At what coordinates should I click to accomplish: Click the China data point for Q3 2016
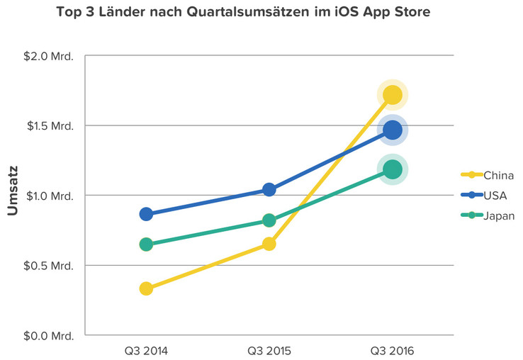click(x=392, y=95)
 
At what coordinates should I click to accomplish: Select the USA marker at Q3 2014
click(x=146, y=214)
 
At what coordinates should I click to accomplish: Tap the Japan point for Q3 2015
click(x=269, y=220)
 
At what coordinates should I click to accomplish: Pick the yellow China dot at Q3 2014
click(x=146, y=288)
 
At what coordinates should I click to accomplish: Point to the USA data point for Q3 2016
click(x=392, y=130)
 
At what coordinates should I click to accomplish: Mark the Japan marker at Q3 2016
click(x=392, y=169)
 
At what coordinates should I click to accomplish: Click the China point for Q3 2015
click(x=269, y=244)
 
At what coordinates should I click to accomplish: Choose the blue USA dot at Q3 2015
click(x=269, y=189)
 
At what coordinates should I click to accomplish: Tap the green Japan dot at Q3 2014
click(x=146, y=244)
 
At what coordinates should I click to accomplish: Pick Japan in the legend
click(x=498, y=215)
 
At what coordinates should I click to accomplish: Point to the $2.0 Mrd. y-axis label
click(x=49, y=57)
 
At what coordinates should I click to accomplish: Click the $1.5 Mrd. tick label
click(x=49, y=126)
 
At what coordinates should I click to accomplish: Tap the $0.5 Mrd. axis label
click(x=49, y=266)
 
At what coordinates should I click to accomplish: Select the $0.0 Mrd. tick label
click(x=49, y=335)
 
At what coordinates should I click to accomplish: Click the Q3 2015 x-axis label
click(x=269, y=350)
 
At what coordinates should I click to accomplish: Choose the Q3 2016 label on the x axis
click(x=392, y=350)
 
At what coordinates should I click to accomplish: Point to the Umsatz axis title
click(x=12, y=191)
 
